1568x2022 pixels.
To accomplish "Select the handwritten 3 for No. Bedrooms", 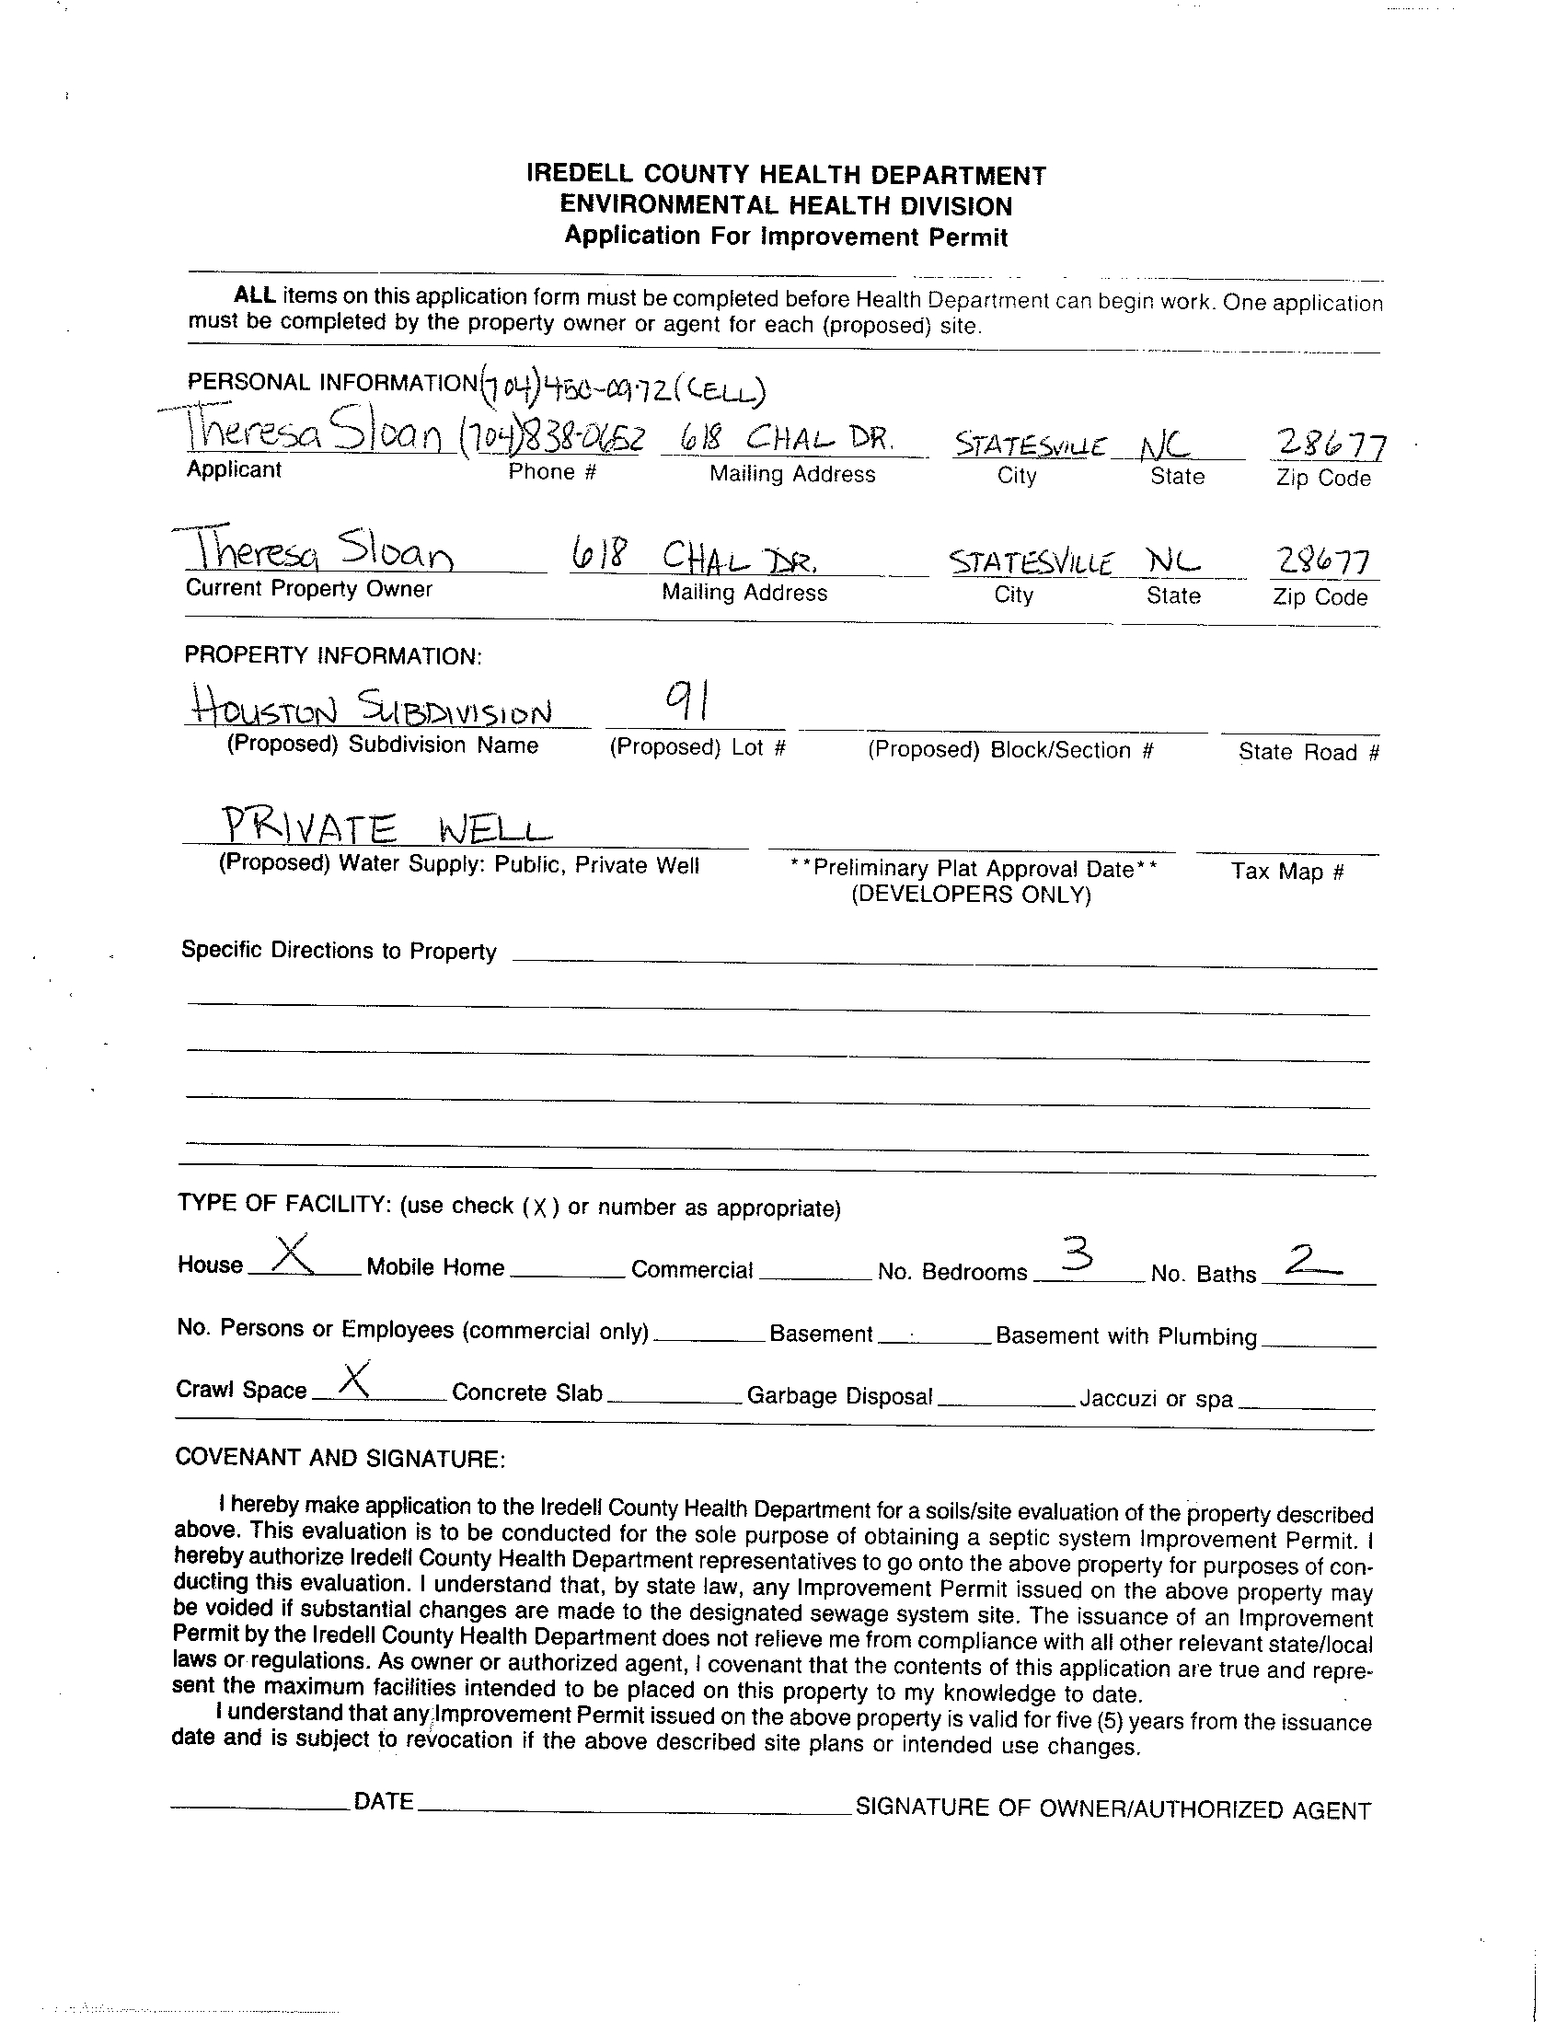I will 1077,1255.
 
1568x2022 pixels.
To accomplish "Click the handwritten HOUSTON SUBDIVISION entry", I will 372,711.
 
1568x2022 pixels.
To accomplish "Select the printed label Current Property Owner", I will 309,589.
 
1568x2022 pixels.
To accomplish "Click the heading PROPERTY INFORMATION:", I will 333,655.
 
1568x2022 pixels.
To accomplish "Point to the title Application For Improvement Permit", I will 786,237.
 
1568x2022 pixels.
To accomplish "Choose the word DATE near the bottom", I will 383,1801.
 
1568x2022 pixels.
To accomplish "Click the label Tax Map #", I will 1286,872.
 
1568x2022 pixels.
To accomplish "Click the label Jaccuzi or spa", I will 1156,1398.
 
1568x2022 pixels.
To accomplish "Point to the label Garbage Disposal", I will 839,1395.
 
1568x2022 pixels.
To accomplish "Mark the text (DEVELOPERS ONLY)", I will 971,895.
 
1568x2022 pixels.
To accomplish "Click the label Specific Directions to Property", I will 339,951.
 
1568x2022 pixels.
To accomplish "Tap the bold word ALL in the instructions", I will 255,295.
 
